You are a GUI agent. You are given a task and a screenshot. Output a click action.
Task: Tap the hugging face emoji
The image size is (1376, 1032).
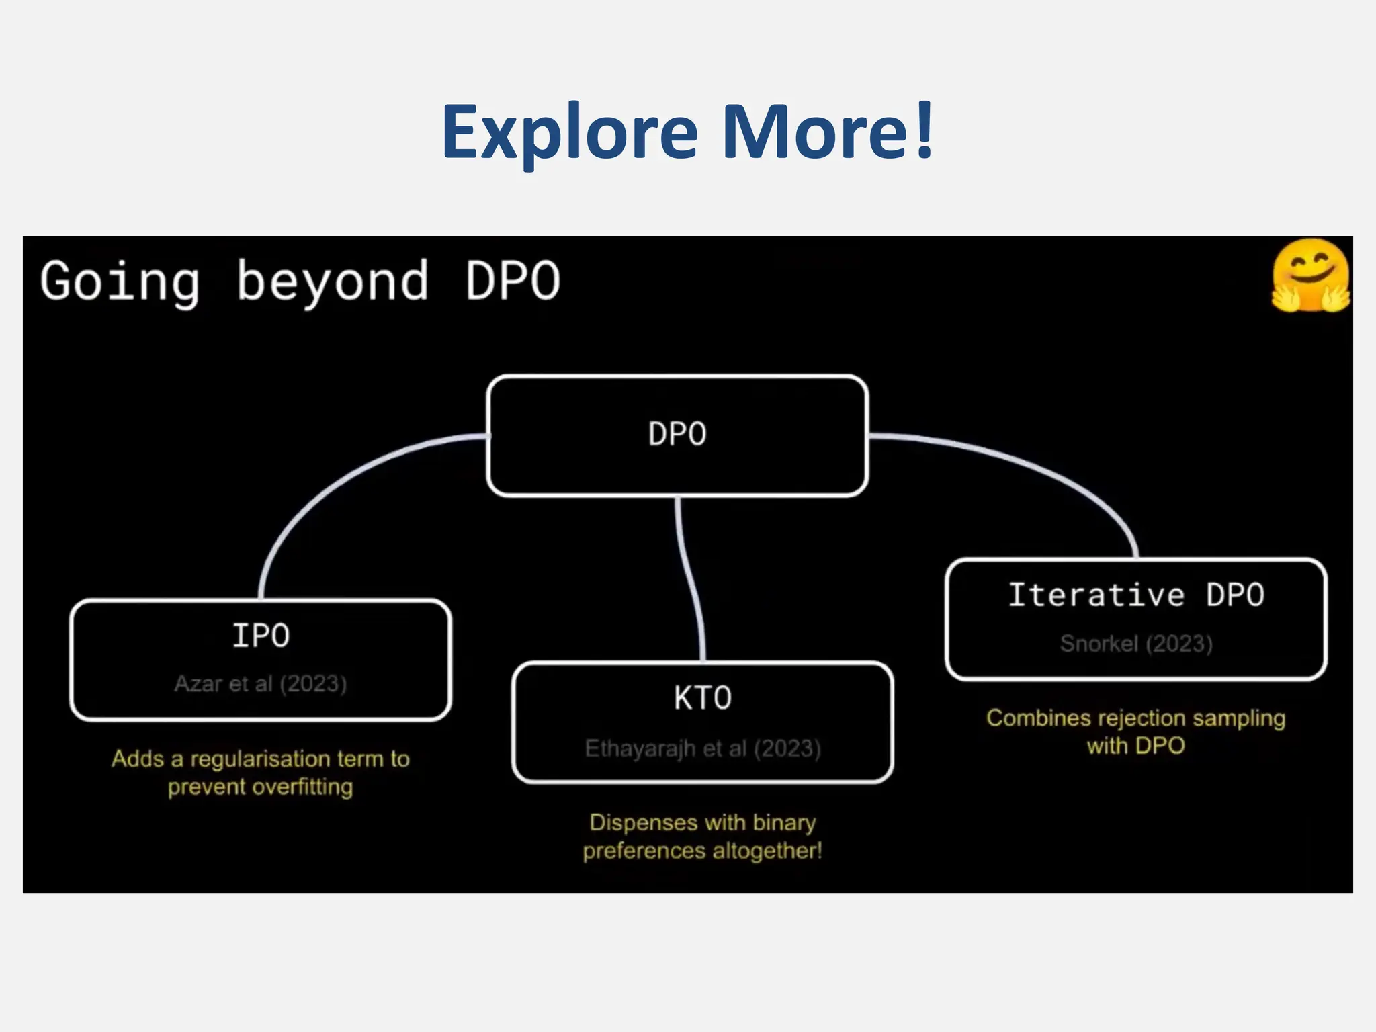pos(1310,275)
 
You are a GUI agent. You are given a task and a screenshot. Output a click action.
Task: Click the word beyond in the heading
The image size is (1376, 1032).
pos(333,281)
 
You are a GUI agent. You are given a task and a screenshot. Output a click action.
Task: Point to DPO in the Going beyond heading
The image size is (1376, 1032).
pos(513,281)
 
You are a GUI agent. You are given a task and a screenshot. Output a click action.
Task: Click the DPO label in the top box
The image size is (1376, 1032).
pos(677,434)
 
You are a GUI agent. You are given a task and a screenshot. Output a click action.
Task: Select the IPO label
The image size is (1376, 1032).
pos(261,636)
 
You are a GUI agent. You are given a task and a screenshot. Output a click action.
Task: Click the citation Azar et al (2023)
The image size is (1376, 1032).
pos(261,684)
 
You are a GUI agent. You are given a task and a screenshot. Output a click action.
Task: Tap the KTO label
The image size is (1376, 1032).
pos(703,698)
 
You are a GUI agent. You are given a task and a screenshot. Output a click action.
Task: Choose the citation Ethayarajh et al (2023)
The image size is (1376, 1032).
pos(703,748)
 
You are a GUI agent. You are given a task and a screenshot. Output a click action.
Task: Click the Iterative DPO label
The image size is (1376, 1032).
pos(1136,595)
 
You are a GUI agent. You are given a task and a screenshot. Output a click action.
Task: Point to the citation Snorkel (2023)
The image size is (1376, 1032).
pos(1136,644)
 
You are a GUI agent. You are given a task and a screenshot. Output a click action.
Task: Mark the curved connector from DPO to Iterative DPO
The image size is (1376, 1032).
pos(1048,470)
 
